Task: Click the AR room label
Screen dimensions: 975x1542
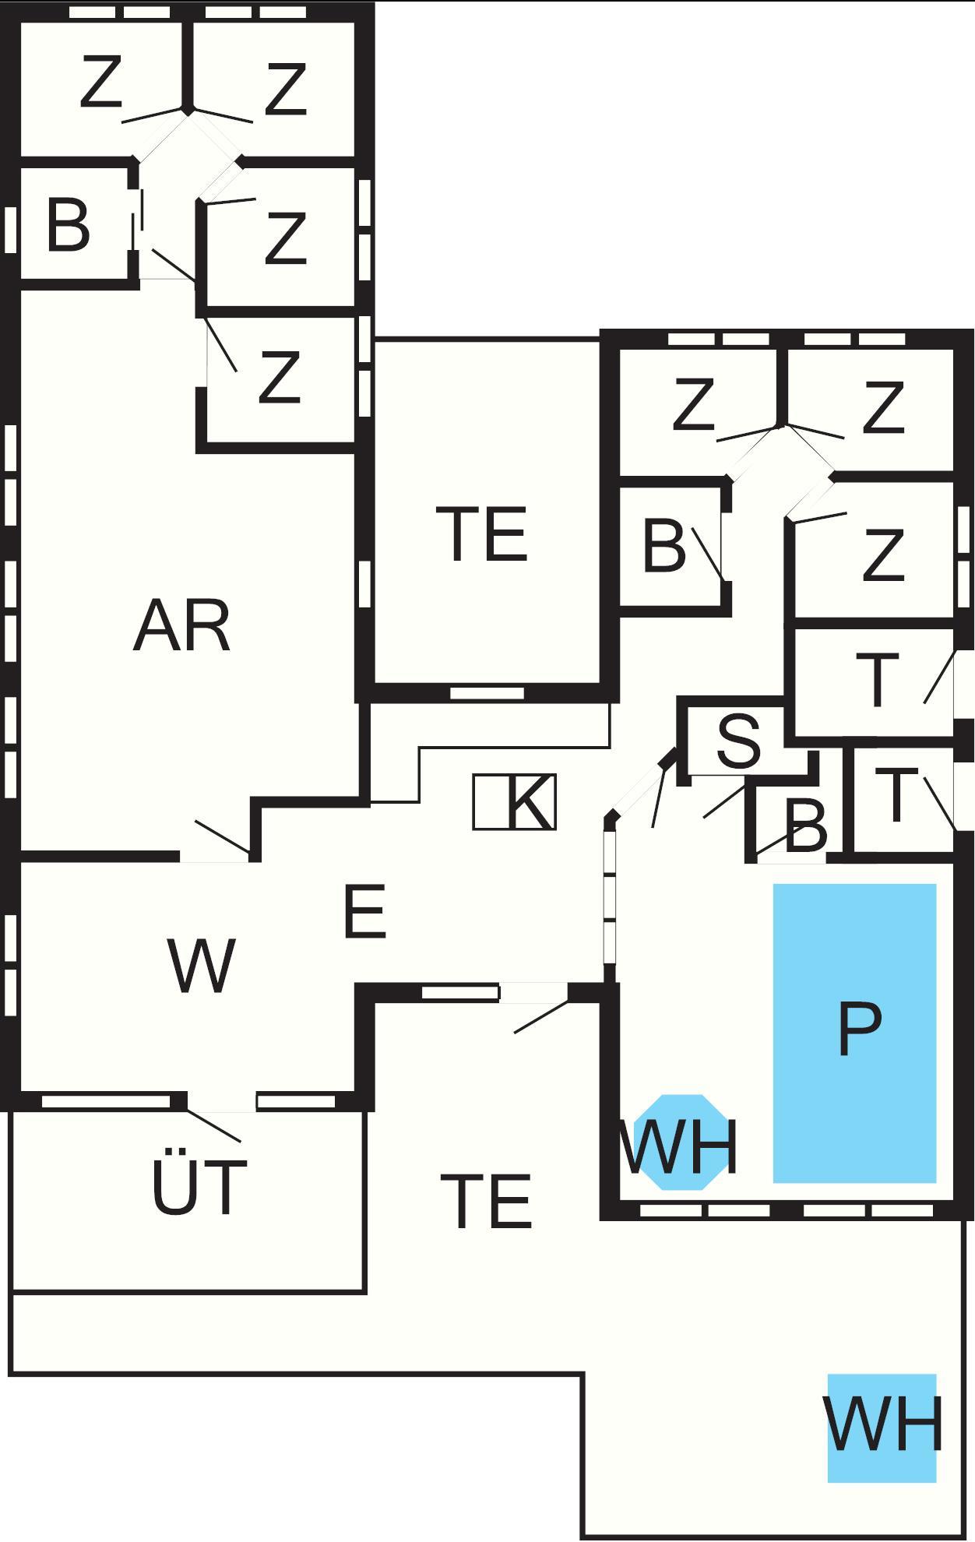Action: pos(182,626)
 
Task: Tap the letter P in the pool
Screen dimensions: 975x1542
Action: pos(859,1029)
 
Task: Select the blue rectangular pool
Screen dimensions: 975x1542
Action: pos(854,1033)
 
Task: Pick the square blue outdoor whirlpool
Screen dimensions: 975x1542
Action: pos(882,1428)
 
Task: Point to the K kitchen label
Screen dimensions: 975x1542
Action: pos(530,802)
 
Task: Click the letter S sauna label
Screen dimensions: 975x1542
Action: pos(738,741)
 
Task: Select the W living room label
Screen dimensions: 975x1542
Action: pos(201,966)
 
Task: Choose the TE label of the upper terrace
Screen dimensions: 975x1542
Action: pos(482,534)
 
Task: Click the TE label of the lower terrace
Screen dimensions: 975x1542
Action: pos(486,1202)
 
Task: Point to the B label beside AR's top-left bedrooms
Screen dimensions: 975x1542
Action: pos(68,226)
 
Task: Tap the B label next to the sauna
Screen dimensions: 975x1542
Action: pos(806,828)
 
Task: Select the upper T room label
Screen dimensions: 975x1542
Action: pos(877,681)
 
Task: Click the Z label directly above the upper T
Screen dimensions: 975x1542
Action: pos(883,554)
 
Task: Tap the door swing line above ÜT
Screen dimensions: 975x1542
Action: pos(214,1126)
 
